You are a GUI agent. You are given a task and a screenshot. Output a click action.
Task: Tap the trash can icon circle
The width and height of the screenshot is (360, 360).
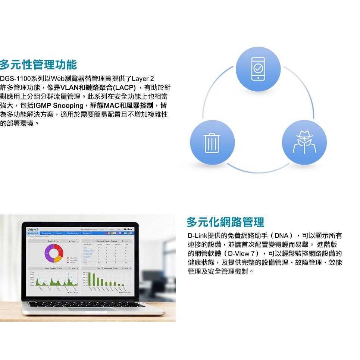coord(212,143)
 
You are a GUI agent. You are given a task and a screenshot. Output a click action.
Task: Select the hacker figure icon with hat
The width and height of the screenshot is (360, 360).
coord(304,143)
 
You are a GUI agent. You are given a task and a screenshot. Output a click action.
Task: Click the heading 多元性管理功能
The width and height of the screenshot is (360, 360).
coord(38,65)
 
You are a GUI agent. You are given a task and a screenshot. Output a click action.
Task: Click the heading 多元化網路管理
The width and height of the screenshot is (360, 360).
coord(225,222)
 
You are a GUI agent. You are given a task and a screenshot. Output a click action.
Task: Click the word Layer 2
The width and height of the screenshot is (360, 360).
coord(143,79)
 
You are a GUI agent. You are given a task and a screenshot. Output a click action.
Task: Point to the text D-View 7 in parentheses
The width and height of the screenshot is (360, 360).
coord(241,254)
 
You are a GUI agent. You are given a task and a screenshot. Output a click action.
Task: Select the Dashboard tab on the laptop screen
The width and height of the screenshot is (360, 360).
coord(33,233)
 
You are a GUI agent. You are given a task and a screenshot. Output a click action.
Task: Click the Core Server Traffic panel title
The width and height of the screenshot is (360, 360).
coord(53,268)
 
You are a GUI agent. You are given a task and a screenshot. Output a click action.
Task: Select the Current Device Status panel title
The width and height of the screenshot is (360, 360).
coord(106,241)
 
